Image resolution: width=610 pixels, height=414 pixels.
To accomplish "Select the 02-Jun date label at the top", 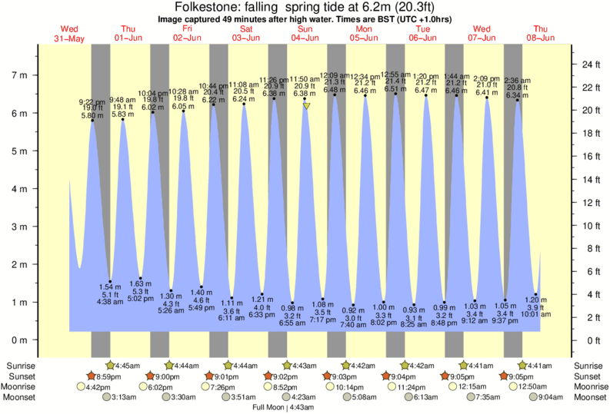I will pos(188,38).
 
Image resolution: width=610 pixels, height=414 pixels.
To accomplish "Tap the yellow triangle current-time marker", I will pos(306,106).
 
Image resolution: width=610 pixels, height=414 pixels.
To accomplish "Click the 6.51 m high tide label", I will pos(395,89).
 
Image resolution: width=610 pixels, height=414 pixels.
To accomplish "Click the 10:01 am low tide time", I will pos(536,314).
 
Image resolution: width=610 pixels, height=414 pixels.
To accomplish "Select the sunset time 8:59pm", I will pos(108,376).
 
